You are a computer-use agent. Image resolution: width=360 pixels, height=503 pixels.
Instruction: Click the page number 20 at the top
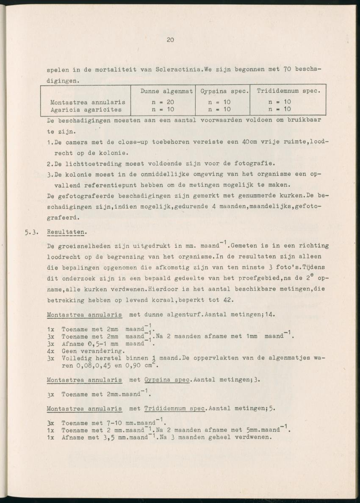[170, 40]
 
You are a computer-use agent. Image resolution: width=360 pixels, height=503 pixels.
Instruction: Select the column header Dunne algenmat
[166, 91]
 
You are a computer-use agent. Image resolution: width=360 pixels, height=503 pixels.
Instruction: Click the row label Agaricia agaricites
[86, 109]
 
